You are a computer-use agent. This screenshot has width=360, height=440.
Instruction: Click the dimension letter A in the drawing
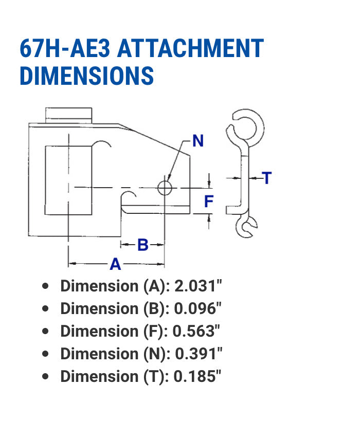115,264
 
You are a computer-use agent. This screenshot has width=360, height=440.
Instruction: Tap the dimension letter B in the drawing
142,245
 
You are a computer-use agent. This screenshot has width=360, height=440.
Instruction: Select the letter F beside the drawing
208,201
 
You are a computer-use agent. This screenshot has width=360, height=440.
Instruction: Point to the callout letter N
198,141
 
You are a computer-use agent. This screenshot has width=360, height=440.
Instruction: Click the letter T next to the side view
267,178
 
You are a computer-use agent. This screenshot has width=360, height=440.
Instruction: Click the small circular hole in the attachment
165,188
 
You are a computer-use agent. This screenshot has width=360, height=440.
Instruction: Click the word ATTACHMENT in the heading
190,49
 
